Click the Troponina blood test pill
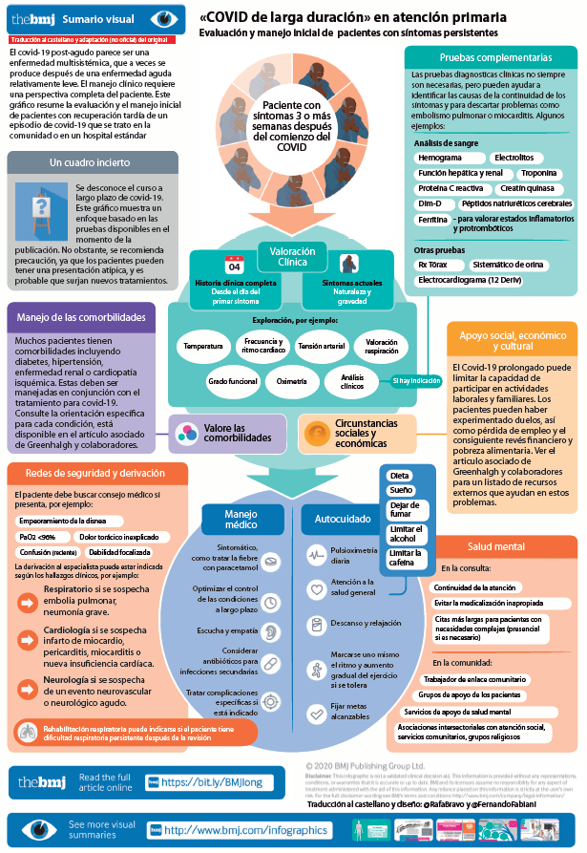click(539, 173)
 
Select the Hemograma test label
click(440, 157)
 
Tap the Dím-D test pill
click(430, 203)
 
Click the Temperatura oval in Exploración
click(202, 346)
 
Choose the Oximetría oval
click(292, 381)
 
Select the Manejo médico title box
click(241, 519)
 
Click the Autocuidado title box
click(329, 519)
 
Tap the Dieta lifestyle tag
click(400, 475)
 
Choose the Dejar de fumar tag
click(405, 509)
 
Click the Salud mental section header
click(496, 546)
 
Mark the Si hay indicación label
click(417, 381)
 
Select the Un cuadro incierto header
click(84, 162)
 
